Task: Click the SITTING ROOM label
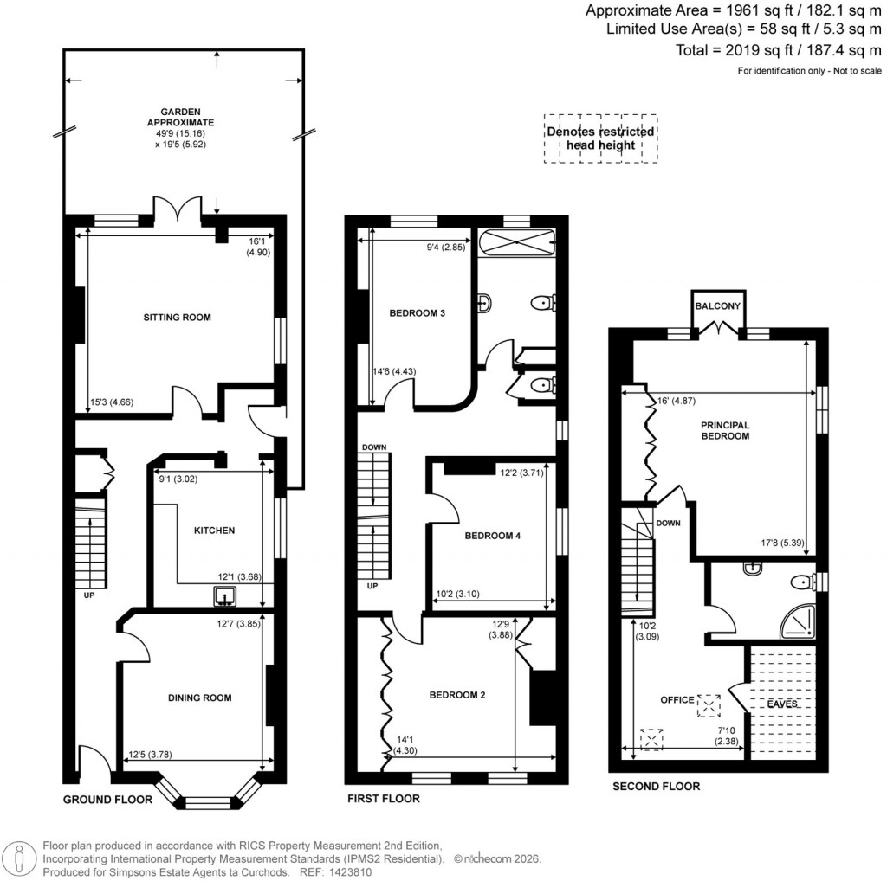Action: click(177, 318)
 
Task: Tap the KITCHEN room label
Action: click(214, 530)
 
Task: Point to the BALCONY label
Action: click(717, 306)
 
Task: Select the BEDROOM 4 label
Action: click(492, 536)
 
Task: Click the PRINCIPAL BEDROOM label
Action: click(725, 430)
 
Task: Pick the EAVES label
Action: click(781, 704)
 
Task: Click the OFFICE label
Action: click(678, 699)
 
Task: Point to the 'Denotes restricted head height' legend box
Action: click(599, 138)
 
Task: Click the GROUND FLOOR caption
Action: click(107, 800)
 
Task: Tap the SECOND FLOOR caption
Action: click(656, 787)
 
